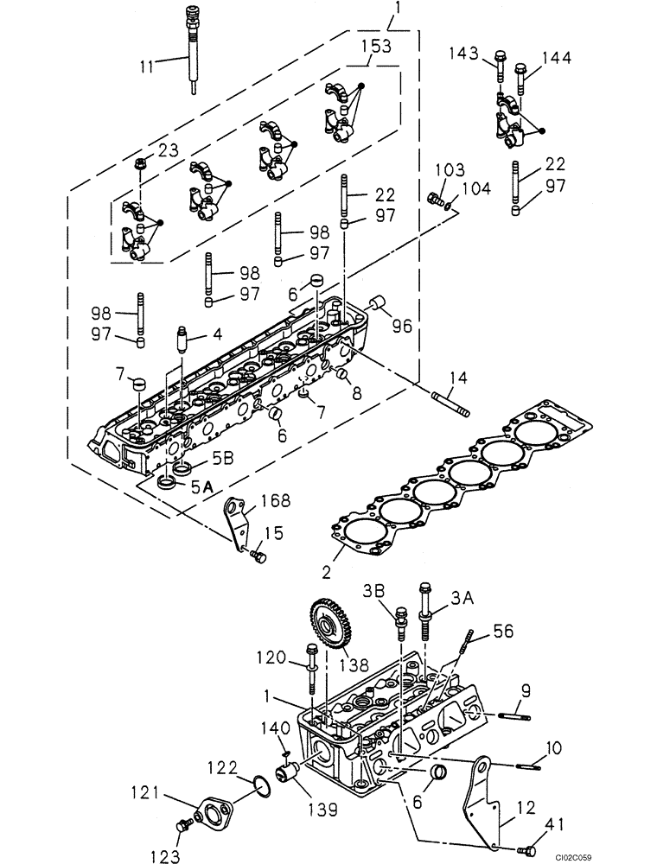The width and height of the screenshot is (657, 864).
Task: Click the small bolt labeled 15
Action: click(x=257, y=559)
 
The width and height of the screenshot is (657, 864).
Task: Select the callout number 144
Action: click(x=556, y=58)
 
